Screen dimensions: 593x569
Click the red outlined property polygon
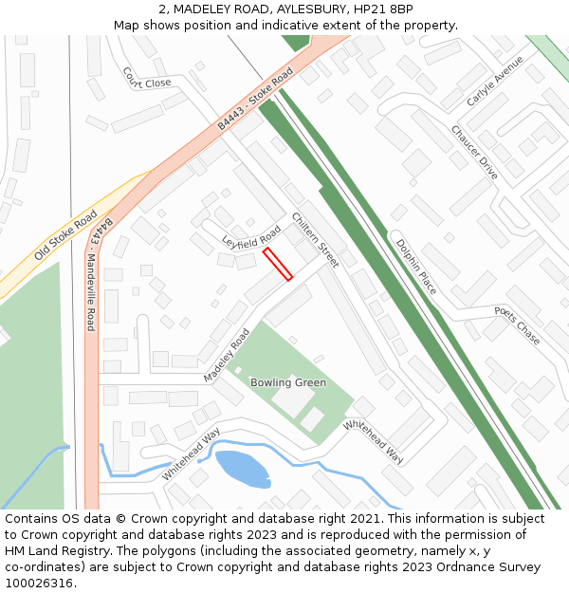tap(277, 264)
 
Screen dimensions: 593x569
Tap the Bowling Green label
tap(288, 383)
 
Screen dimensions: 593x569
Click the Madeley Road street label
tap(226, 356)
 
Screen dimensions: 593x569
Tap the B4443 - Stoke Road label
tap(255, 100)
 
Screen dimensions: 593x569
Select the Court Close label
tap(146, 78)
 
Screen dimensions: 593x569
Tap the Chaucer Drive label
tap(474, 152)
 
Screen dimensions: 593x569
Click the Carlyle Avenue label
tap(495, 81)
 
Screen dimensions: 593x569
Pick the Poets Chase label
tap(516, 325)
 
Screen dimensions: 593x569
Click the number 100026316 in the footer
tap(40, 584)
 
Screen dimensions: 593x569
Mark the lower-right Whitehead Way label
tap(373, 442)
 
